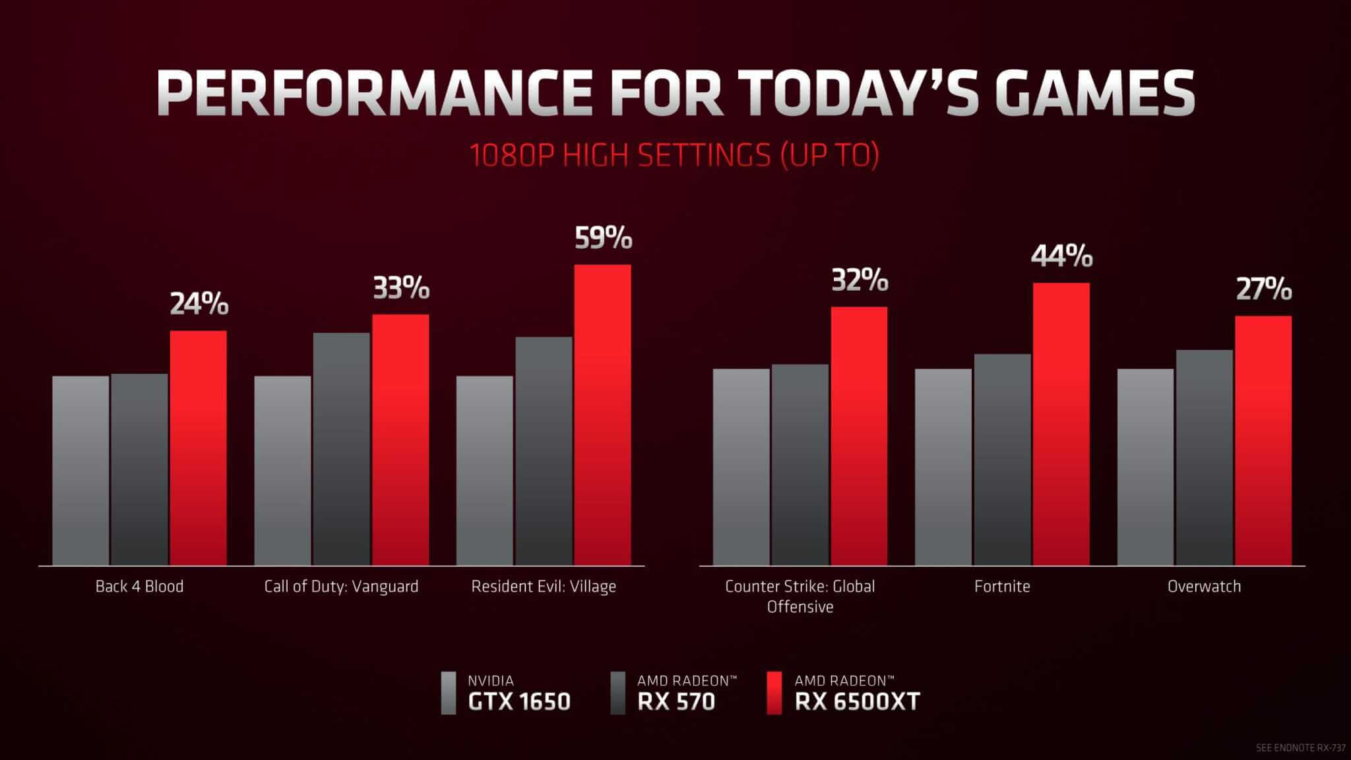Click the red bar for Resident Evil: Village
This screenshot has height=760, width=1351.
[602, 415]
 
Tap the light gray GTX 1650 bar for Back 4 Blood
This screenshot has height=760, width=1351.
[80, 471]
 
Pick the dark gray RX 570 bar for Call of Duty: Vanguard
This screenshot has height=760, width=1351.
[341, 449]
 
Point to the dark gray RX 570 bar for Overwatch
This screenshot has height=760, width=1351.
[1204, 457]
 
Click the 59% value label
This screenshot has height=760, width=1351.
[603, 239]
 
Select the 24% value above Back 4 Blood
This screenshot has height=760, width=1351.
[199, 305]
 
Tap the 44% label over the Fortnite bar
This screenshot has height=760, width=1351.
[1061, 256]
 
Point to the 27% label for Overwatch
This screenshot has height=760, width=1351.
[1263, 289]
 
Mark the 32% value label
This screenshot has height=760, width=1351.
[860, 281]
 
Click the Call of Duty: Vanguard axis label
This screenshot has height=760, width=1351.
[341, 586]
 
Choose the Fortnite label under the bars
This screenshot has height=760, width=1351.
[1002, 586]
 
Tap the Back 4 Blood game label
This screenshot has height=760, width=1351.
[139, 586]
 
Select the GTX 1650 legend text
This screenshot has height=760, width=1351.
[518, 701]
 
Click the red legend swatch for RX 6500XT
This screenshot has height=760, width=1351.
[774, 693]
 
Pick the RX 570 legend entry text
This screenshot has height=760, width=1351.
[676, 701]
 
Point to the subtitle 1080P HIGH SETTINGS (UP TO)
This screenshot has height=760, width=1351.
[674, 156]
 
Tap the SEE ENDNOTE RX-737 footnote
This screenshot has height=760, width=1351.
[1299, 748]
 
